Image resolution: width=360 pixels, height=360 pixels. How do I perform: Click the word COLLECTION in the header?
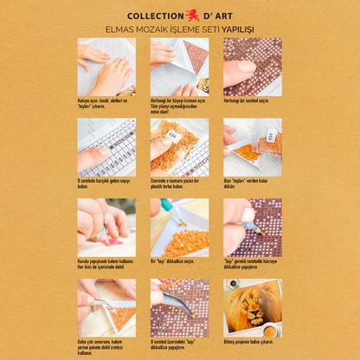click(x=156, y=16)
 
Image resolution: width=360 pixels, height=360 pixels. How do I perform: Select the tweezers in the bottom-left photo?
click(x=100, y=302)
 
